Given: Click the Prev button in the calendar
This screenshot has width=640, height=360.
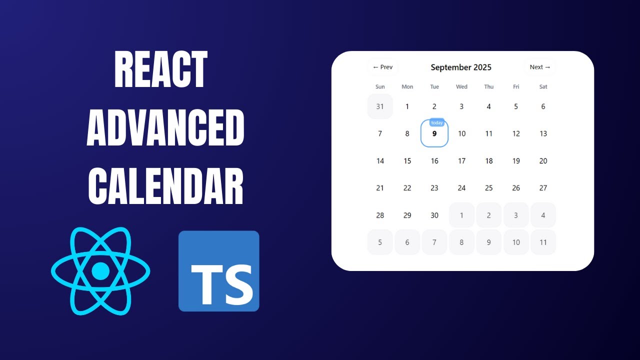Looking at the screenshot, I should coord(382,67).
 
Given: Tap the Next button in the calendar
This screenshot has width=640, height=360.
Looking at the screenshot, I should coord(539,67).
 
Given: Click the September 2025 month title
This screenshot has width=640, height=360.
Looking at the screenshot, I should coord(461,67).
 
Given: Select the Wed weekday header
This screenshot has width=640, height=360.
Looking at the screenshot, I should coord(461,87).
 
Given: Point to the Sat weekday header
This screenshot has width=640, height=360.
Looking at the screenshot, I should coord(543,87).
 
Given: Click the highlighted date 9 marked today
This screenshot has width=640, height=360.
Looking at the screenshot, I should coord(434,134).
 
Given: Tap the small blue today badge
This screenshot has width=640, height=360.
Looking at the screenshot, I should coord(437,123).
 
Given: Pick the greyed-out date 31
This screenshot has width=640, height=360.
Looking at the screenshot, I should coord(380,106).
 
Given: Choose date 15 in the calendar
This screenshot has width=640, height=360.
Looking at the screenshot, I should coord(407,161).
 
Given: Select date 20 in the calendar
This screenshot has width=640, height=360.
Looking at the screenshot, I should coord(543,161).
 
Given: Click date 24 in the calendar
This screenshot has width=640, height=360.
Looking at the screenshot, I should coord(461,188).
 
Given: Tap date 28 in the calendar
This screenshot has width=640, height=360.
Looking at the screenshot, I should coord(380,215).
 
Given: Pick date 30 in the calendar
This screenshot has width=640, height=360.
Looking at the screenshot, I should coord(434,215).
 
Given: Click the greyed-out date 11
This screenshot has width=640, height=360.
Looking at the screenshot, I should coord(543,242).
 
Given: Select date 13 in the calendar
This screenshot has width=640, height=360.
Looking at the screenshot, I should coord(543,134).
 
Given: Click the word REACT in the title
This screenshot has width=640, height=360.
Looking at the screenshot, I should coord(161,70).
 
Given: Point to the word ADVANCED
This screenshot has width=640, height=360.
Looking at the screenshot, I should coord(165,128).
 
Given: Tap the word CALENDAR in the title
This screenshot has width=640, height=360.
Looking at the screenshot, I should coord(165,186).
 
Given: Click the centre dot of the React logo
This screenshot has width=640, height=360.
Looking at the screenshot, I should coord(100,271).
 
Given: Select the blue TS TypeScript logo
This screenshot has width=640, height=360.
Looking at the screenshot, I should coord(218,271).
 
